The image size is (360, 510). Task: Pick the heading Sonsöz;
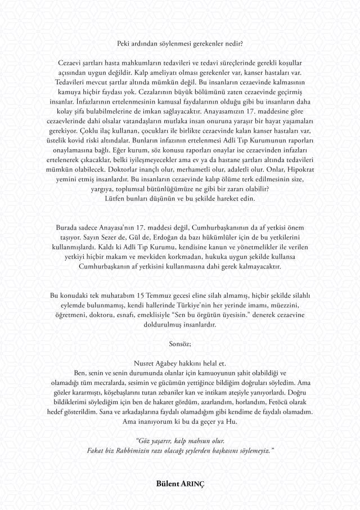coord(180,342)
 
